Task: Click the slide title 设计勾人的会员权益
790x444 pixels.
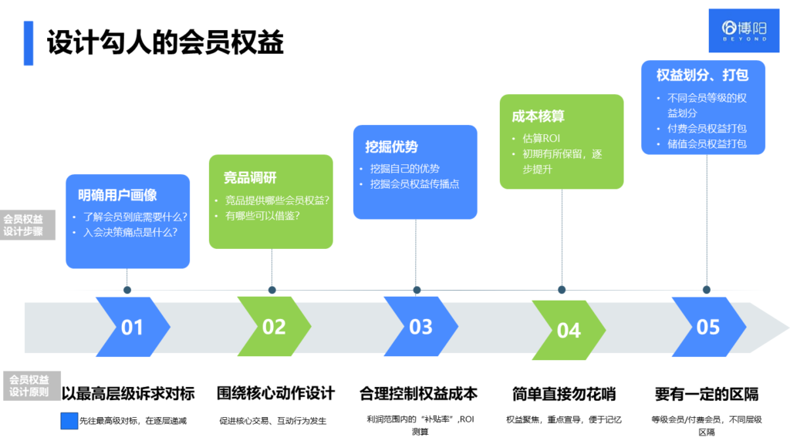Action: (x=165, y=42)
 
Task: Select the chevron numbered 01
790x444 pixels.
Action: (x=132, y=327)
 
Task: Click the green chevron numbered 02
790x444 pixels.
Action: (x=274, y=327)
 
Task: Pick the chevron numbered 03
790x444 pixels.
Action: (x=420, y=327)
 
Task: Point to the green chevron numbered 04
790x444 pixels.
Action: (x=569, y=330)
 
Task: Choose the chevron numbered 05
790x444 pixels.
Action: (x=708, y=327)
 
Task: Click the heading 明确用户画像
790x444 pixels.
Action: (x=117, y=195)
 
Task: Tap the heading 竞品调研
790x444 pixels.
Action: (x=250, y=178)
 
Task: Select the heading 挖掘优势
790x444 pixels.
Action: (x=392, y=146)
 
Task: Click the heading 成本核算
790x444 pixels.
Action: (x=538, y=116)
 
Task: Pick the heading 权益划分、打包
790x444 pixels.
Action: (x=703, y=76)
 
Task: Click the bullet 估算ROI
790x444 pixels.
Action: (x=542, y=138)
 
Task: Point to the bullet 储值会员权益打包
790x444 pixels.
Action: (x=707, y=144)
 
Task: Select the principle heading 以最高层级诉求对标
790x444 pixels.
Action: (x=128, y=394)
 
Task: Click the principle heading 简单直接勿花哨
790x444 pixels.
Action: (x=564, y=394)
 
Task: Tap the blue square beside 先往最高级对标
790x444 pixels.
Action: (x=69, y=421)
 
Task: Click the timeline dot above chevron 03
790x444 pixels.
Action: (x=417, y=291)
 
